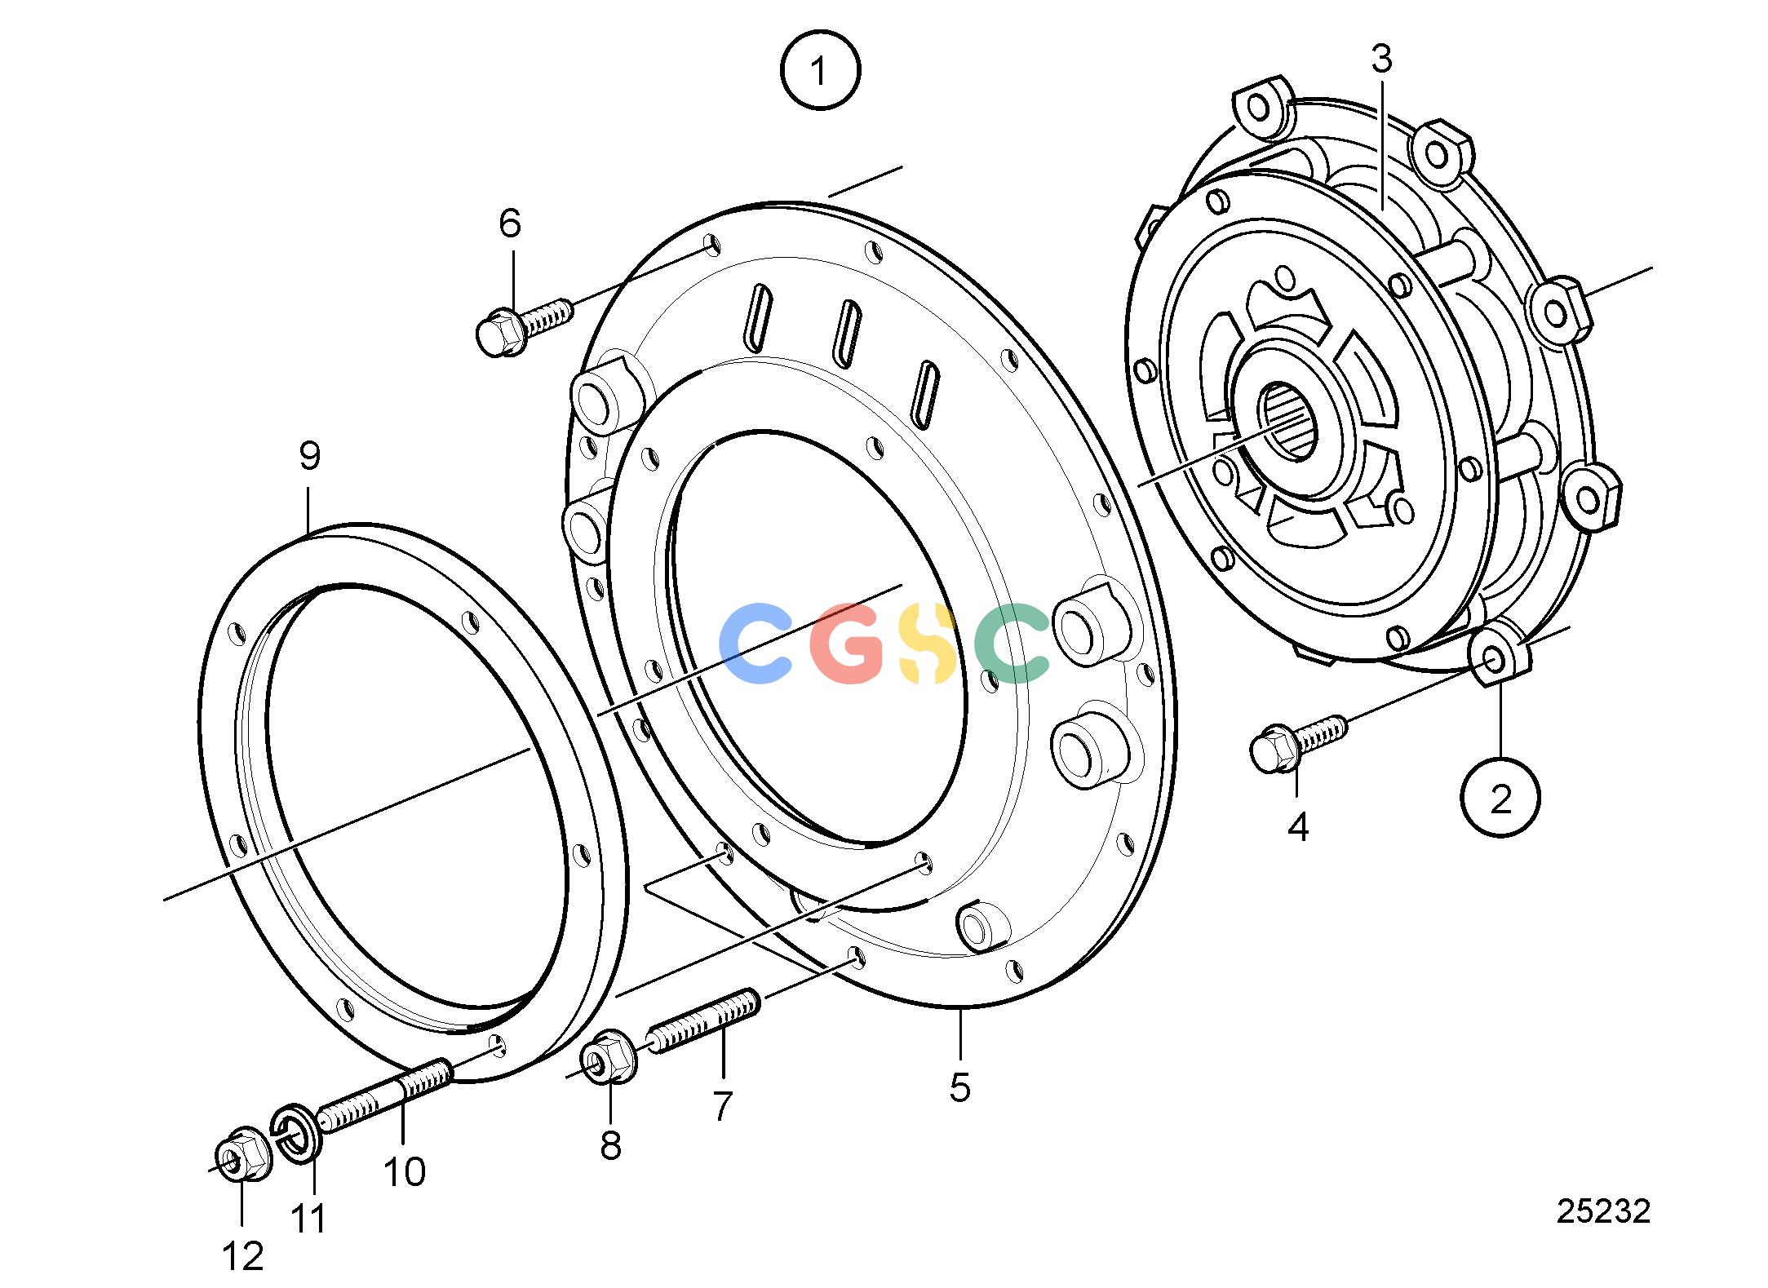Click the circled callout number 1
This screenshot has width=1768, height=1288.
[820, 70]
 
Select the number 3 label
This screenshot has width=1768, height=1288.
[1381, 60]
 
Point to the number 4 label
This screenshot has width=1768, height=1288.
[1297, 827]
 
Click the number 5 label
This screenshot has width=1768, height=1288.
[960, 1088]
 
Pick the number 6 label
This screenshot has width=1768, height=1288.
[510, 223]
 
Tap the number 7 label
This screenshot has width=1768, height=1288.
[722, 1107]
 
